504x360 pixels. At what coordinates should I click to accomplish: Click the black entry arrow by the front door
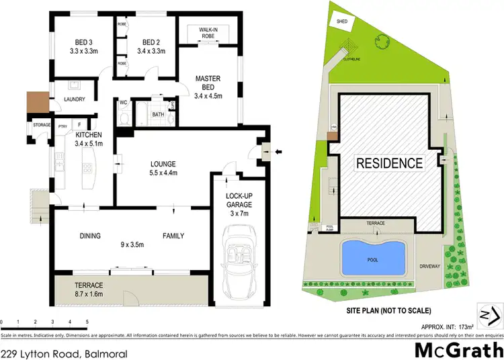point(279,152)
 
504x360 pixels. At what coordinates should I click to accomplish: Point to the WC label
point(124,103)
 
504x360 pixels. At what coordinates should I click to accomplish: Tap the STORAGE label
point(41,124)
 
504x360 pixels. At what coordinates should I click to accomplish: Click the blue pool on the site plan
point(374,257)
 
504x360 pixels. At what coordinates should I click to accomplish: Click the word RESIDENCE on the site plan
point(389,163)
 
